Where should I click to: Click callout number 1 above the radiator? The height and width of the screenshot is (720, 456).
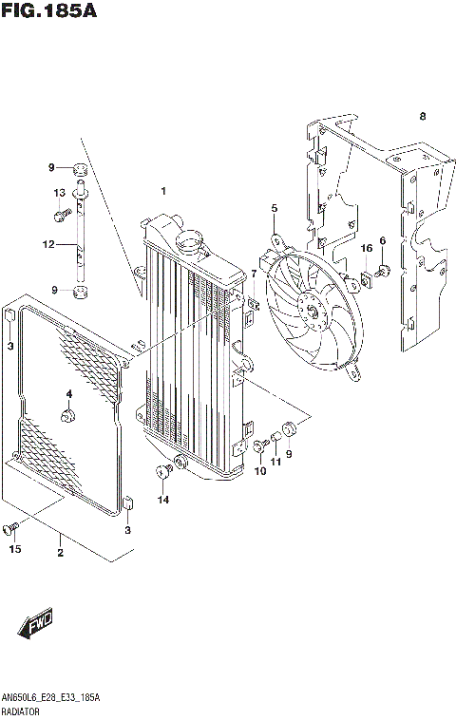(163, 192)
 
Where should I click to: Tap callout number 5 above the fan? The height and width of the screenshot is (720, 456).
(274, 209)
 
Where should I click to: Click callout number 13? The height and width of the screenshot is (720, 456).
(58, 193)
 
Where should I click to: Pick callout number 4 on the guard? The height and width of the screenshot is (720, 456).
(68, 394)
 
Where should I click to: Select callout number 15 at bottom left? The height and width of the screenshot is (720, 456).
(14, 548)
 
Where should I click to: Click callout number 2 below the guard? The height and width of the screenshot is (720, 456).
(60, 552)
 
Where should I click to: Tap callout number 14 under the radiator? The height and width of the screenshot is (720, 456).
(163, 499)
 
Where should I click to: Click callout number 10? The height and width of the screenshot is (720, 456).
(257, 471)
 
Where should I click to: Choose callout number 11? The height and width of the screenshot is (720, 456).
(275, 463)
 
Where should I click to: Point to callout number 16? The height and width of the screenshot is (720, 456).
(366, 249)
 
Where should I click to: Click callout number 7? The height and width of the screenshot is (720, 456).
(254, 274)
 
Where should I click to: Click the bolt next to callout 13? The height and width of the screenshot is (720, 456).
(62, 215)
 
